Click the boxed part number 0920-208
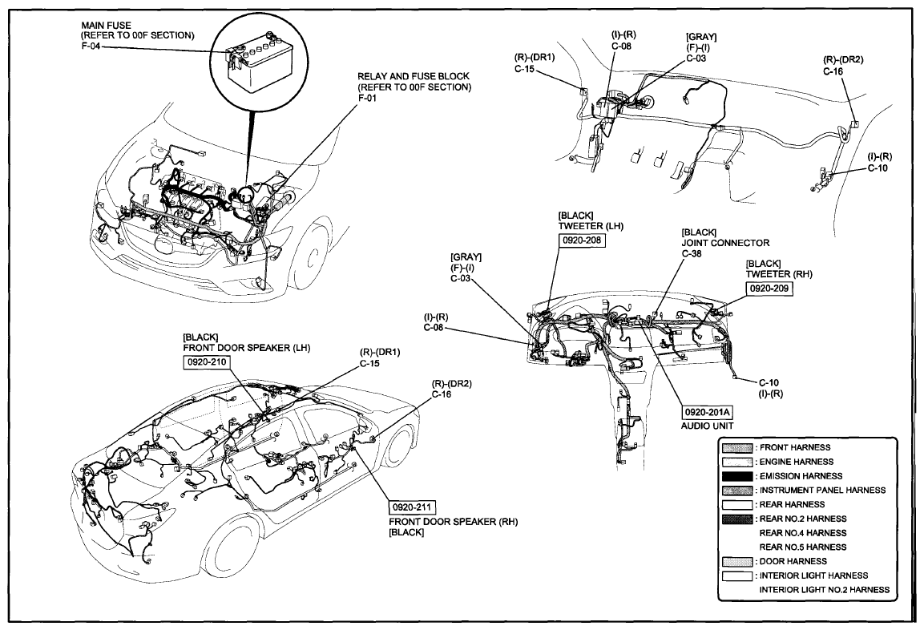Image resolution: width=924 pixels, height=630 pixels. click(583, 240)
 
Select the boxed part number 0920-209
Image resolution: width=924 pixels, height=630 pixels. click(769, 289)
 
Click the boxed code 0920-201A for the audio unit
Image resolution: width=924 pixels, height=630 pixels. click(707, 411)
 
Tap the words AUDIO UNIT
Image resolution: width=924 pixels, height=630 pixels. click(708, 426)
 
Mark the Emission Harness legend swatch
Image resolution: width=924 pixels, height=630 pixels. click(737, 476)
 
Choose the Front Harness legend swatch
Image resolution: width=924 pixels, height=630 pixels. click(737, 448)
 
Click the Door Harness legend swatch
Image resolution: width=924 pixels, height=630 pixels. click(737, 562)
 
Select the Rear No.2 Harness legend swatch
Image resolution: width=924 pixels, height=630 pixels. click(737, 519)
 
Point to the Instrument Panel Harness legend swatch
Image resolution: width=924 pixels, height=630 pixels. click(737, 491)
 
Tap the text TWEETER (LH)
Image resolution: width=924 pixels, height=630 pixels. click(591, 226)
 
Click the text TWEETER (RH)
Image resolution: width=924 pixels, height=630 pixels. click(779, 274)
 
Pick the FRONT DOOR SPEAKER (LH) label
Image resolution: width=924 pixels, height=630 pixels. click(247, 348)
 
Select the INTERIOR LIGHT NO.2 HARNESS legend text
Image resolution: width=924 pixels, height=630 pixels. click(825, 589)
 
